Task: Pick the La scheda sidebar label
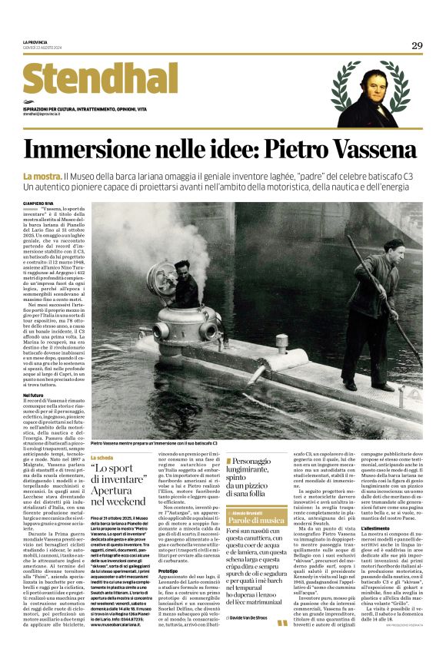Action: click(102, 458)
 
